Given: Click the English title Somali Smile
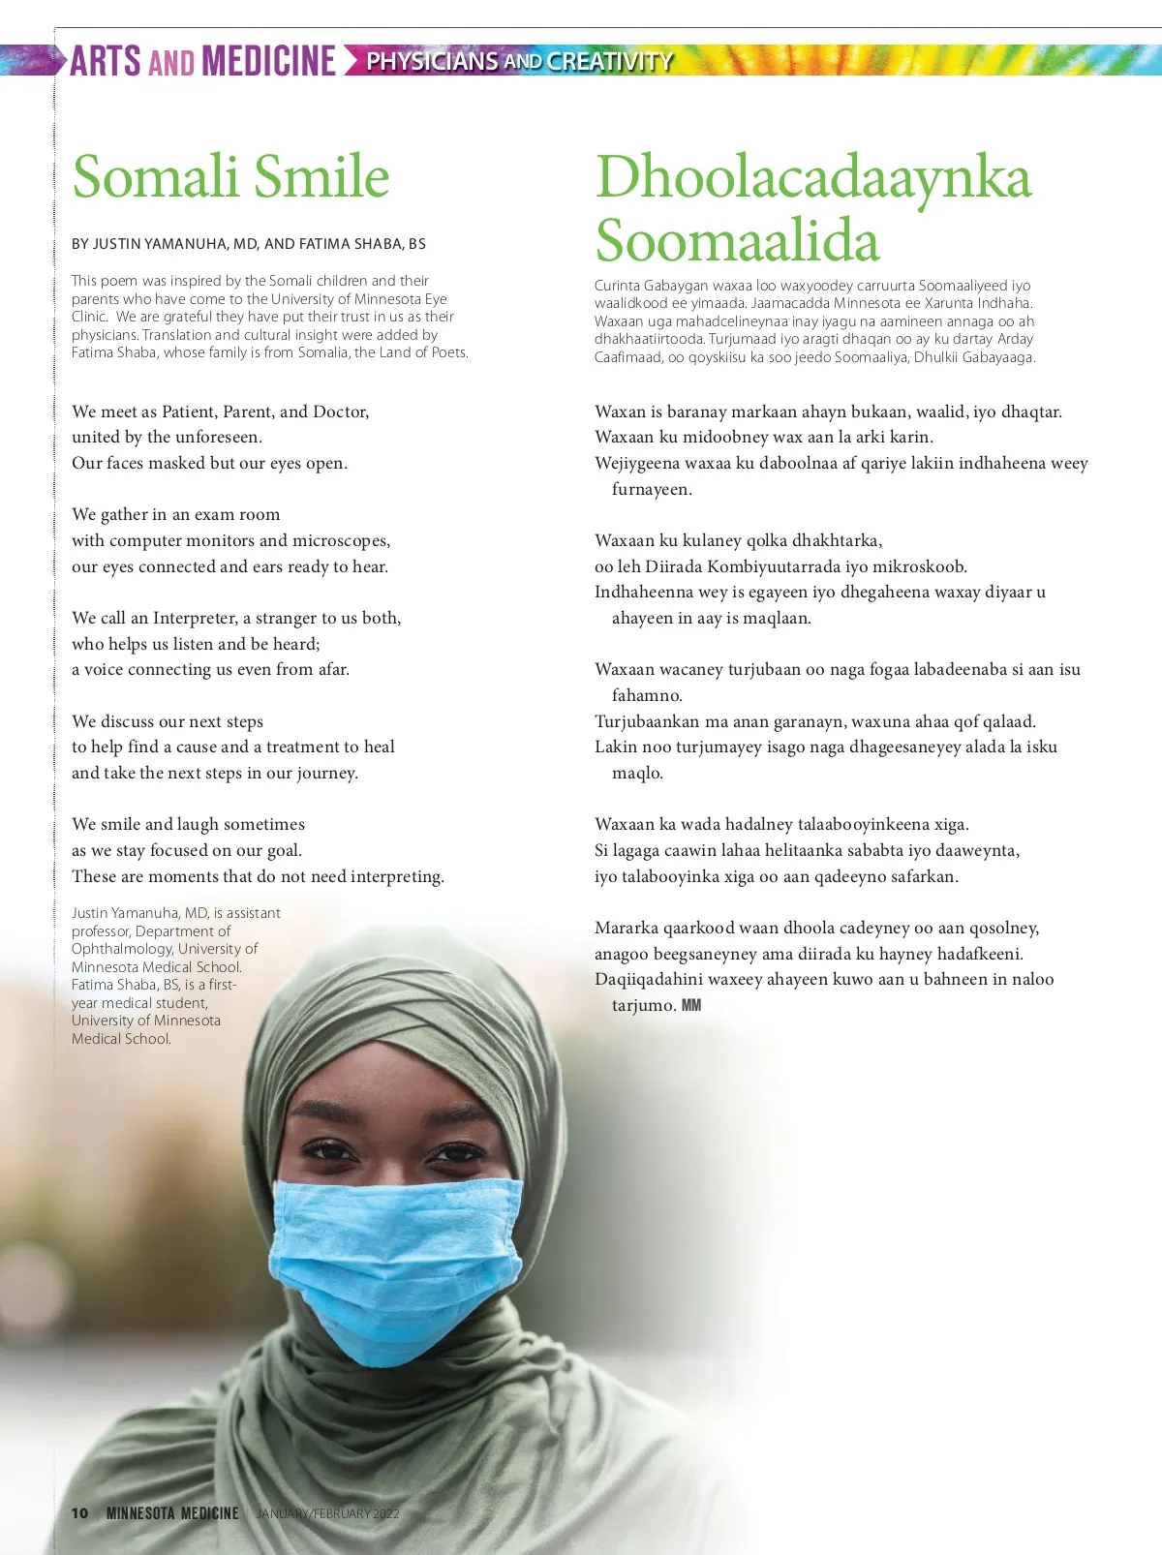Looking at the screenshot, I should click(230, 176).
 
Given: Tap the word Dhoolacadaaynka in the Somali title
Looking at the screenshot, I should click(813, 178).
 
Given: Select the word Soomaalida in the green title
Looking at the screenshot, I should click(737, 240).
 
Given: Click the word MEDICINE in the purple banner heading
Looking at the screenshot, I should click(269, 61).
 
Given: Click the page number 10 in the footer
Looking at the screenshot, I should click(79, 1512).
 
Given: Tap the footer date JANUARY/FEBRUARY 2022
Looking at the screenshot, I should click(327, 1512).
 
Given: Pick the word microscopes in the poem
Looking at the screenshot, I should click(341, 540).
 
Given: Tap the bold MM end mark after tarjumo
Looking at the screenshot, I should click(691, 1005).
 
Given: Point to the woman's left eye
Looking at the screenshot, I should click(455, 1152).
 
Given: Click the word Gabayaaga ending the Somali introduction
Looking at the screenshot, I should click(997, 357).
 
